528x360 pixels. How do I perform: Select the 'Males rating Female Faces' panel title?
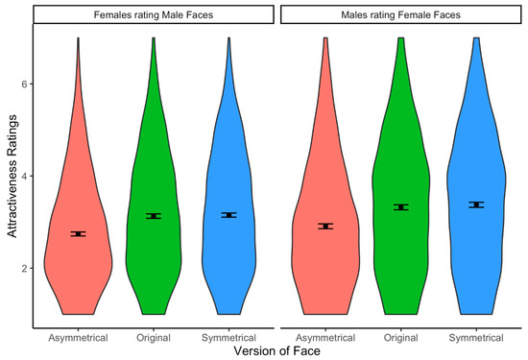pyautogui.click(x=401, y=14)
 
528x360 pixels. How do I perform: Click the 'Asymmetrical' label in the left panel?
pyautogui.click(x=79, y=337)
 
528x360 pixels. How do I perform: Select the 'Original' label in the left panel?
pyautogui.click(x=154, y=337)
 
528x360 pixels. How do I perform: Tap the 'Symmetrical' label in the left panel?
pyautogui.click(x=228, y=337)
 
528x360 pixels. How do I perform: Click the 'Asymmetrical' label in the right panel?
pyautogui.click(x=326, y=337)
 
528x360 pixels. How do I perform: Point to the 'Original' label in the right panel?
pyautogui.click(x=401, y=337)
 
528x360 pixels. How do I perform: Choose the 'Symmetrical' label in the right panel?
pyautogui.click(x=476, y=337)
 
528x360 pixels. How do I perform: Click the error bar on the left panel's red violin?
pyautogui.click(x=79, y=233)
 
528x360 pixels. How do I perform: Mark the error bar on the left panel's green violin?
pyautogui.click(x=154, y=216)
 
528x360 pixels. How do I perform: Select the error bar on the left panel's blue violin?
pyautogui.click(x=228, y=215)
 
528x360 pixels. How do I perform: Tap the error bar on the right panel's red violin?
pyautogui.click(x=326, y=227)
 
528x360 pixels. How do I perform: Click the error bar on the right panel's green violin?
pyautogui.click(x=401, y=207)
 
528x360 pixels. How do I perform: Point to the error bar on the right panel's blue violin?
pyautogui.click(x=476, y=204)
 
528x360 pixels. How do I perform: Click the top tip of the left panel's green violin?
pyautogui.click(x=154, y=39)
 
